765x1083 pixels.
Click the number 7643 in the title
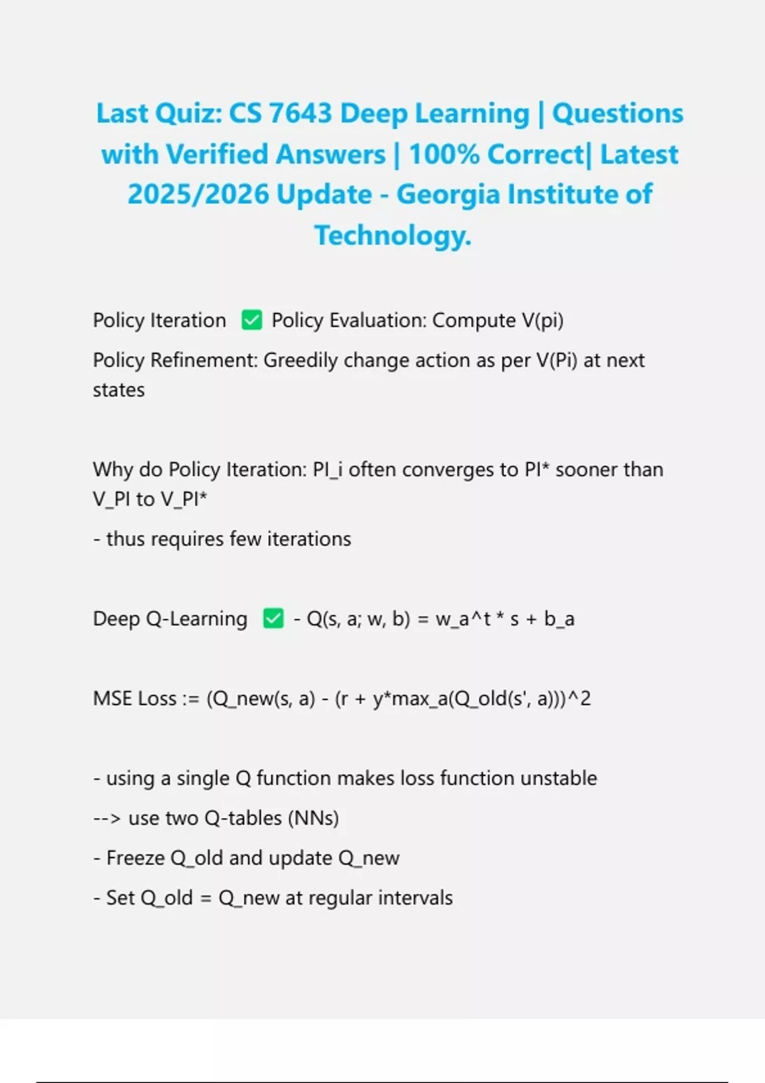pos(300,113)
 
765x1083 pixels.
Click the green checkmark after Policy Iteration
pos(252,320)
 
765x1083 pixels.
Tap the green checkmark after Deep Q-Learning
pos(273,619)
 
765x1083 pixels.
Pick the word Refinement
pos(204,361)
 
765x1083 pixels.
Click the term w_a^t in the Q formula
pos(463,619)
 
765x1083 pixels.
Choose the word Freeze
pos(136,858)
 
